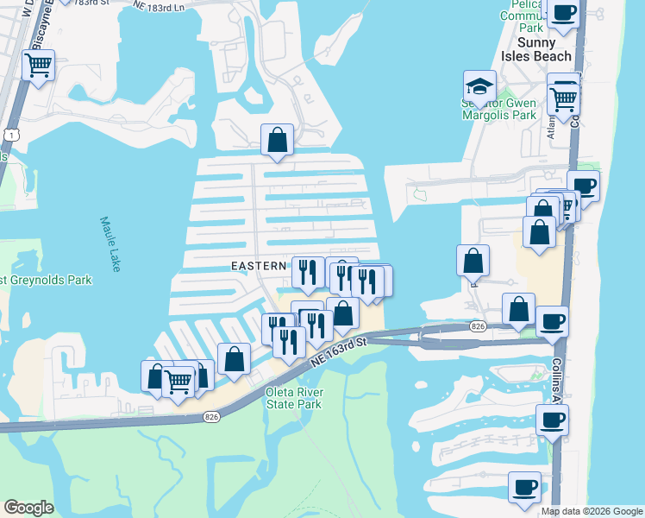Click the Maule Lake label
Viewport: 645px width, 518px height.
108,244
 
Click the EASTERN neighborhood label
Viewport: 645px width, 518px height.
259,266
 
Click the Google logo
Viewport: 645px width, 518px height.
28,508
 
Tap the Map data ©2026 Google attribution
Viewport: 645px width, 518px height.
592,511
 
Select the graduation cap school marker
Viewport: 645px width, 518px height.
479,86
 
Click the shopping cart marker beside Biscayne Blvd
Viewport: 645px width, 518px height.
38,65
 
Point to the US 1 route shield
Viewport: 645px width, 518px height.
9,136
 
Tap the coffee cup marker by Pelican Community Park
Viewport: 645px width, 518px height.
563,14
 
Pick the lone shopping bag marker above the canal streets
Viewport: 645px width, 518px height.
277,140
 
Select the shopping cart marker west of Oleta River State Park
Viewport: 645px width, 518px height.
178,380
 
